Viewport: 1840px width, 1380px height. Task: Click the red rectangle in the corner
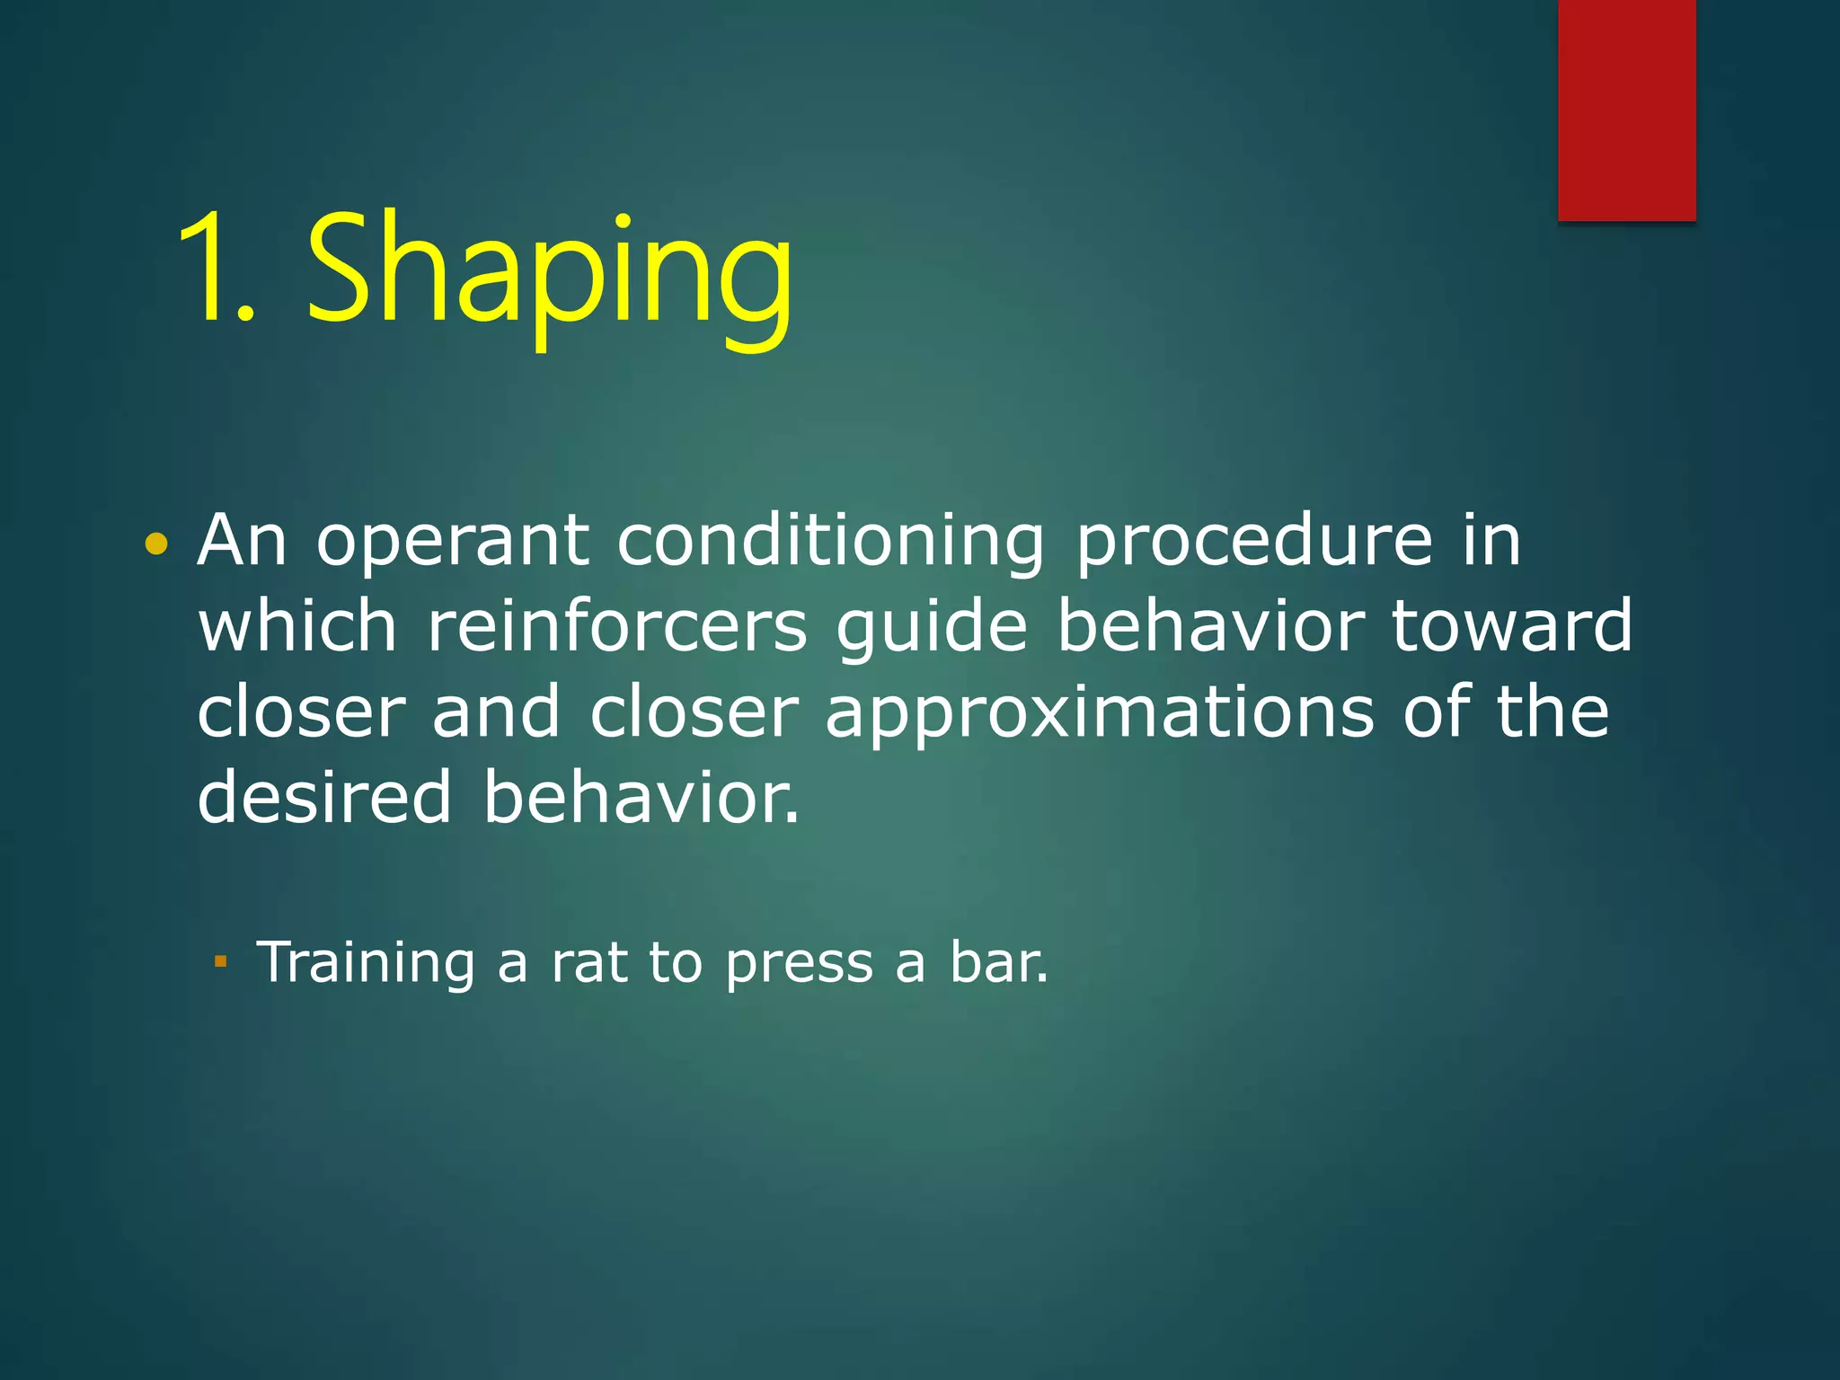pyautogui.click(x=1626, y=110)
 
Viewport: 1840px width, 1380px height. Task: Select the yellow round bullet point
pyautogui.click(x=156, y=544)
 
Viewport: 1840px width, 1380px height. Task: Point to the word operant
pyautogui.click(x=453, y=544)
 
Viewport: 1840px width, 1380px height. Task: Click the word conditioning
pyautogui.click(x=830, y=544)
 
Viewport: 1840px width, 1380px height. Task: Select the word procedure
pyautogui.click(x=1253, y=544)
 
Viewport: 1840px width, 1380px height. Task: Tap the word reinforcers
pyautogui.click(x=616, y=626)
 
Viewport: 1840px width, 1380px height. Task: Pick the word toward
pyautogui.click(x=1511, y=626)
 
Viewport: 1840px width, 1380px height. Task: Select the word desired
pyautogui.click(x=324, y=796)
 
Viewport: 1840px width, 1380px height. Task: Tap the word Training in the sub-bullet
pyautogui.click(x=366, y=963)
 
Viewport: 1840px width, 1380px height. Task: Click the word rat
pyautogui.click(x=589, y=963)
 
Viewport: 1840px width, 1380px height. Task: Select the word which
pyautogui.click(x=297, y=626)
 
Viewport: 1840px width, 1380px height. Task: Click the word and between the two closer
pyautogui.click(x=496, y=712)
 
